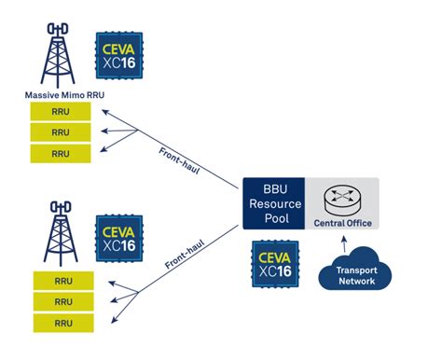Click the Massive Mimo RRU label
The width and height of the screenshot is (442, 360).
[x=61, y=94]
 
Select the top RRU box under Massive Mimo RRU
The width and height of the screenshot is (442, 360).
[x=61, y=112]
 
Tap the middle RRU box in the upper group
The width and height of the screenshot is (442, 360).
[x=61, y=132]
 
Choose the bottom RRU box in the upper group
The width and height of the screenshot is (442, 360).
[x=61, y=153]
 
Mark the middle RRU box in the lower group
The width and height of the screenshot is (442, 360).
[x=62, y=302]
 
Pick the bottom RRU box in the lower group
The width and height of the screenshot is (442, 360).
[x=62, y=323]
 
